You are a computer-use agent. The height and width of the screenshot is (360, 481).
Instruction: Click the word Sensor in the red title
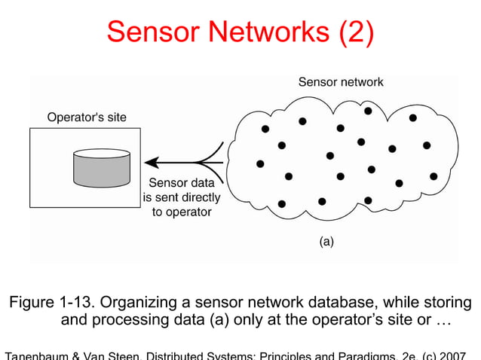point(155,32)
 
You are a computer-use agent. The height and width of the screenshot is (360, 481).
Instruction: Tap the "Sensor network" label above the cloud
point(341,82)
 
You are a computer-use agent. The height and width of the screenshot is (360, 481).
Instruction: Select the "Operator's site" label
point(87,117)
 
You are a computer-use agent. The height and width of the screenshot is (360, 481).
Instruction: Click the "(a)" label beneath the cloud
point(326,242)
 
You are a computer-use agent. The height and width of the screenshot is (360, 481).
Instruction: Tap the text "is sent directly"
point(182,198)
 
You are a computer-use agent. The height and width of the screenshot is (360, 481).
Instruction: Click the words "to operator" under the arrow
point(182,212)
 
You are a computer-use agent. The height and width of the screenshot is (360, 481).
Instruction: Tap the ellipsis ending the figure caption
point(443,322)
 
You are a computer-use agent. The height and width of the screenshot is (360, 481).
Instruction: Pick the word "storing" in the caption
point(447,303)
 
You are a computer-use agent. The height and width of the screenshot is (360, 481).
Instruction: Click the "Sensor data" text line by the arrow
point(182,183)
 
